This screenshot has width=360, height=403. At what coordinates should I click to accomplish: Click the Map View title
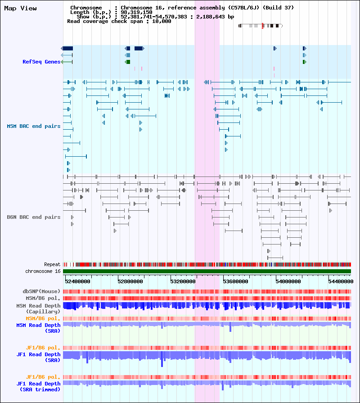[x=20, y=8]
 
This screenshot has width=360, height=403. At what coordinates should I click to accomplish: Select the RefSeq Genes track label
[x=41, y=62]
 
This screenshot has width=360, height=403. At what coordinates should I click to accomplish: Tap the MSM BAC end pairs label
[x=34, y=126]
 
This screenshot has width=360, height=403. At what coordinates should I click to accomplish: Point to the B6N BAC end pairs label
[x=34, y=217]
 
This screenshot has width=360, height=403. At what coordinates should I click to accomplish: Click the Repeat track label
[x=52, y=264]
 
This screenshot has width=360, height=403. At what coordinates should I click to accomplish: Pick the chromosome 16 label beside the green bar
[x=43, y=271]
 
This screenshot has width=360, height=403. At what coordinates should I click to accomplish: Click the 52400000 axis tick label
[x=77, y=281]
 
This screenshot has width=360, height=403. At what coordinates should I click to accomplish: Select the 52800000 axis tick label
[x=130, y=281]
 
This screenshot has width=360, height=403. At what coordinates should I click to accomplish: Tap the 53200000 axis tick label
[x=183, y=281]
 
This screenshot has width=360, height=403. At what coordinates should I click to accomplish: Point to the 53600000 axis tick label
[x=235, y=281]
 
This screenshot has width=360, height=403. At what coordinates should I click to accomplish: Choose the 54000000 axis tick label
[x=288, y=281]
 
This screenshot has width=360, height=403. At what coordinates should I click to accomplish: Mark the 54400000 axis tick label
[x=341, y=281]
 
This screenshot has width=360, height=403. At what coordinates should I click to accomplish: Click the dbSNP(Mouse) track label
[x=41, y=291]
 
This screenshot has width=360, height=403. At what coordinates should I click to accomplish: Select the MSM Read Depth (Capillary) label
[x=39, y=309]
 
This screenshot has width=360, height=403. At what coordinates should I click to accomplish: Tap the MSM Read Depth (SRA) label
[x=39, y=328]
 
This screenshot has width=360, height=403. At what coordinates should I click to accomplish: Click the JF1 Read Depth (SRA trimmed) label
[x=39, y=387]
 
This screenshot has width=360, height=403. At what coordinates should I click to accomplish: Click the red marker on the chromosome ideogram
[x=262, y=26]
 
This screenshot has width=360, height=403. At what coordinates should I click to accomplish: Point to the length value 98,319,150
[x=136, y=12]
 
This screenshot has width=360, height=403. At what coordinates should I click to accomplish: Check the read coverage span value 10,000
[x=162, y=21]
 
